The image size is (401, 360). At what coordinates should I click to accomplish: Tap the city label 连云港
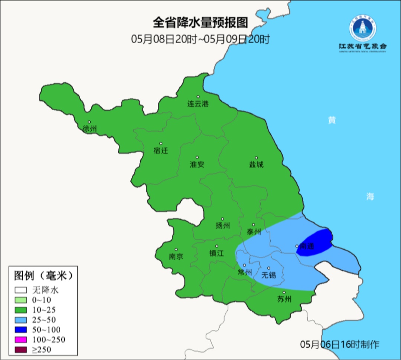[x=198, y=104]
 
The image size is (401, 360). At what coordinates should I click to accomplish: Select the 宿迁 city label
[x=161, y=150]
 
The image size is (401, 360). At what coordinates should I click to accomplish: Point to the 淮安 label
[x=197, y=164]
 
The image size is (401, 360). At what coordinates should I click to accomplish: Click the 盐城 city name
[x=256, y=164]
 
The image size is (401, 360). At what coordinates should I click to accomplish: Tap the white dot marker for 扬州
[x=222, y=219]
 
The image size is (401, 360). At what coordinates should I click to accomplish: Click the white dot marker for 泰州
[x=254, y=225]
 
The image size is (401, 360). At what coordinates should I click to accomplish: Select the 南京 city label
[x=176, y=256]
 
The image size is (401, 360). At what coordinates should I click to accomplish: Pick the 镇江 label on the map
[x=217, y=253]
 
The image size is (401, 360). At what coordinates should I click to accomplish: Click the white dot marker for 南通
[x=297, y=246]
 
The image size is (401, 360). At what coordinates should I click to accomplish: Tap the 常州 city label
[x=244, y=272]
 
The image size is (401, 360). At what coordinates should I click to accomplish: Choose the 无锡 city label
[x=269, y=275]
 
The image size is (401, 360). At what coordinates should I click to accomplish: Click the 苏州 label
[x=284, y=299]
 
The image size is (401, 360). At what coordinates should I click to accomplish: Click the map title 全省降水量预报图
[x=200, y=23]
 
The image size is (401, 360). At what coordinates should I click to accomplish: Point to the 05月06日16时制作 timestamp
[x=340, y=344]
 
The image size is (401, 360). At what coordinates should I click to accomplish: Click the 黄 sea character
[x=332, y=120]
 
